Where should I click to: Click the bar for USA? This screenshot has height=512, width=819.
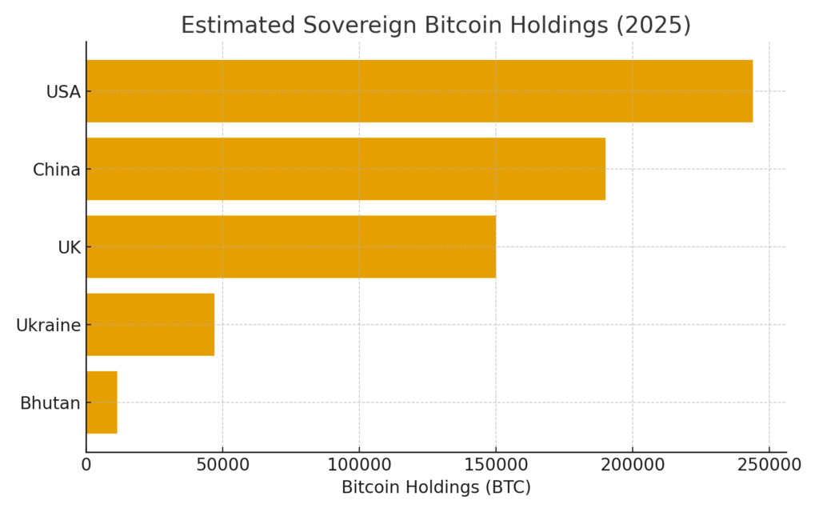(x=419, y=91)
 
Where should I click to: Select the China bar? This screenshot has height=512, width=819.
(x=346, y=169)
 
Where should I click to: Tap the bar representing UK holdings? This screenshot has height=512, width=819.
(x=290, y=246)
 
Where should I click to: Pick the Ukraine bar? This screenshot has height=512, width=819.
(x=150, y=324)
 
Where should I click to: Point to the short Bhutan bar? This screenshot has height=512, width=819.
(x=102, y=402)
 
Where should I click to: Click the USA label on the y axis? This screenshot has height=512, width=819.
(x=63, y=92)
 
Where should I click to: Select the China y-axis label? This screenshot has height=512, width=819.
(x=57, y=170)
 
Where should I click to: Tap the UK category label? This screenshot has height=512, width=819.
(x=70, y=247)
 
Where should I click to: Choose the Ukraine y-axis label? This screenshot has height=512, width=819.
(x=49, y=326)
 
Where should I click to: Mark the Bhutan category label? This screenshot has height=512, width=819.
(x=50, y=403)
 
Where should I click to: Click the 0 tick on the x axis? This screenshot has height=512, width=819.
(x=86, y=463)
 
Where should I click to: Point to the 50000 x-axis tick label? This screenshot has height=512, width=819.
(x=222, y=463)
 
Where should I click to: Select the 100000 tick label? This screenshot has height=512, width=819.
(x=359, y=463)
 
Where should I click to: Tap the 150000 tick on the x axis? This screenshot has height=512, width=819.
(x=496, y=463)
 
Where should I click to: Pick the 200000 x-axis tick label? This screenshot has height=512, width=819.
(x=632, y=463)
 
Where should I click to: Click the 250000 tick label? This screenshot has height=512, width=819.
(x=769, y=463)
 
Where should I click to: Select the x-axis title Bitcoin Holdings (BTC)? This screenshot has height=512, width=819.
(x=436, y=487)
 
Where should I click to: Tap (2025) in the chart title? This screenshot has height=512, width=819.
(x=653, y=26)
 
